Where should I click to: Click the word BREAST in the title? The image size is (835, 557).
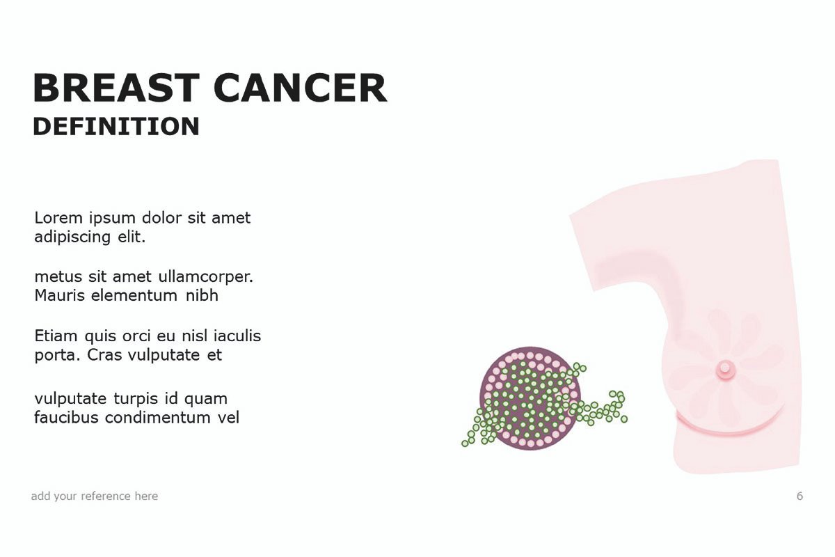click(x=116, y=88)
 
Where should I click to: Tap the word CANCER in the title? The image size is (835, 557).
click(x=301, y=88)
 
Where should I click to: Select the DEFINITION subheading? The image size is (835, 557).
click(x=116, y=127)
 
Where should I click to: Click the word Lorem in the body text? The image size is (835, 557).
click(x=58, y=217)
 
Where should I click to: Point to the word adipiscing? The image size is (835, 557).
click(x=72, y=237)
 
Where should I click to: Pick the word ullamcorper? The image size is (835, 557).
click(x=206, y=277)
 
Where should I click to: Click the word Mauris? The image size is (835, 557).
click(x=60, y=295)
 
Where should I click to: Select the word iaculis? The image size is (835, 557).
click(x=237, y=336)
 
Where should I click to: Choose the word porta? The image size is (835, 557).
click(x=57, y=356)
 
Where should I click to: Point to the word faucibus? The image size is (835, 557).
click(x=67, y=418)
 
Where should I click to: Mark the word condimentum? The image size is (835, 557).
click(x=159, y=418)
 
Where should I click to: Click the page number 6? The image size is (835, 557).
click(x=800, y=496)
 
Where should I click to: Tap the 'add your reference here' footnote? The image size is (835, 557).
click(x=95, y=496)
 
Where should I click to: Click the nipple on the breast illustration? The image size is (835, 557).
click(x=725, y=369)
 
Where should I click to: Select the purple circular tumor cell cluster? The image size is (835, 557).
click(x=530, y=398)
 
